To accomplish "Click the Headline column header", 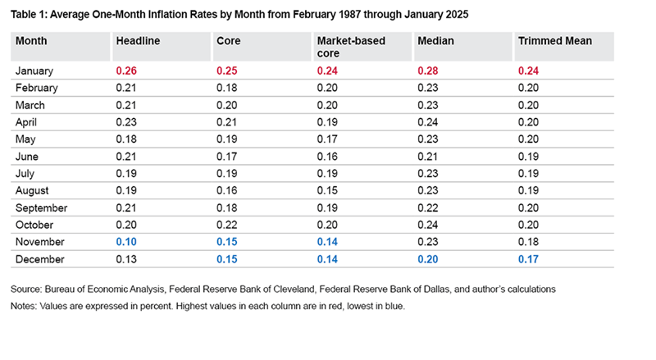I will [x=137, y=40].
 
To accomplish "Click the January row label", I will [x=35, y=71].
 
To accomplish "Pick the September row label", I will [x=41, y=208].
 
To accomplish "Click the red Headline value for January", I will [x=126, y=71].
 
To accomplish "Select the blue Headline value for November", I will [x=126, y=243].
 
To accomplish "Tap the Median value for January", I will [x=427, y=71].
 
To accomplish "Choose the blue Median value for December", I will [x=427, y=260].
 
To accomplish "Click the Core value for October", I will [x=226, y=226].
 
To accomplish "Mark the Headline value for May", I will [x=126, y=139].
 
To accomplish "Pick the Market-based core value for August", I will [x=326, y=191].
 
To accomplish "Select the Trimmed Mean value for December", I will [x=527, y=260].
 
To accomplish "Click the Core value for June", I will [x=226, y=157].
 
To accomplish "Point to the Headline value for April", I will [x=126, y=122].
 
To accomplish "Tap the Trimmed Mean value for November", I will [x=527, y=243].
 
